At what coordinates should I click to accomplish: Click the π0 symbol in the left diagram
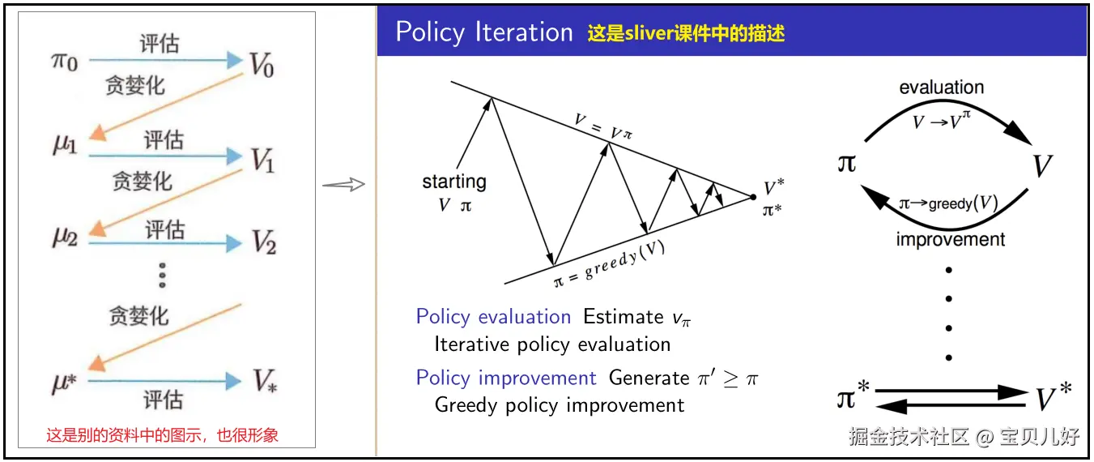point(65,62)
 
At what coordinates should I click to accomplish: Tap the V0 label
point(262,65)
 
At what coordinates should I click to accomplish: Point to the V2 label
point(264,242)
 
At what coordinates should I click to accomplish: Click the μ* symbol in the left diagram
point(65,383)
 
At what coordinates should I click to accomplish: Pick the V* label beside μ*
point(265,381)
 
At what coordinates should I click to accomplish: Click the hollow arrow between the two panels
point(344,184)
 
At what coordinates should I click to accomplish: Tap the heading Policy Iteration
point(484,32)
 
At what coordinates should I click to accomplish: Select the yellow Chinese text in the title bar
point(686,33)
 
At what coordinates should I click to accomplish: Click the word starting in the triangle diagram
point(454,182)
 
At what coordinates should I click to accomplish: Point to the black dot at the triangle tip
point(753,197)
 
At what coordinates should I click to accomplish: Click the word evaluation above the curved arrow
point(942,88)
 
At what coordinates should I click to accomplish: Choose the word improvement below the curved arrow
point(951,240)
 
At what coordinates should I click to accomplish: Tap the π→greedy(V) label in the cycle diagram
point(948,203)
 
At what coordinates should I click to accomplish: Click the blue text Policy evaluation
point(493,317)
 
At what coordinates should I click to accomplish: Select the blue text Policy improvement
point(506,378)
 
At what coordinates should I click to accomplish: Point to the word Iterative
point(472,344)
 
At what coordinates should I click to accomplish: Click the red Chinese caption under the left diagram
point(162,435)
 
